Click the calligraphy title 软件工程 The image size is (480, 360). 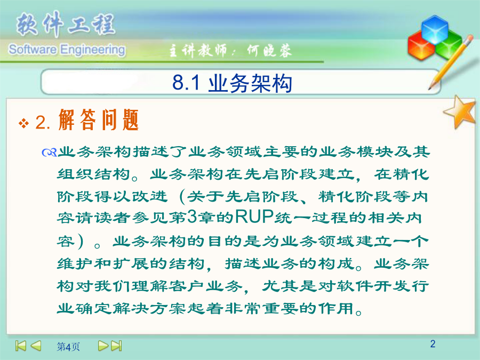click(x=66, y=24)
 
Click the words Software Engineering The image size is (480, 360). click(x=67, y=50)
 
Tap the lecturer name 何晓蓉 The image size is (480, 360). click(x=269, y=51)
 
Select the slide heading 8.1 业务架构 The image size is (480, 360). click(x=232, y=83)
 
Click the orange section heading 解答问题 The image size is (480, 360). click(x=99, y=120)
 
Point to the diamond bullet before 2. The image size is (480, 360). click(x=23, y=123)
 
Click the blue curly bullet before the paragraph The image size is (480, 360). click(x=49, y=152)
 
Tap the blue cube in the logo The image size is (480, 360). click(x=435, y=30)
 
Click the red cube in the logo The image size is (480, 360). click(x=421, y=46)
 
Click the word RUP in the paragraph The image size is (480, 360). click(x=254, y=217)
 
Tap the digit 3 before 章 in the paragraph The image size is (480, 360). click(x=191, y=217)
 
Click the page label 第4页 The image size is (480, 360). click(x=68, y=347)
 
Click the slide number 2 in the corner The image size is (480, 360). click(x=433, y=344)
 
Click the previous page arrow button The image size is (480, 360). click(x=36, y=346)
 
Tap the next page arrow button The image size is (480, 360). click(x=103, y=346)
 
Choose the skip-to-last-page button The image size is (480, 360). click(x=117, y=346)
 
